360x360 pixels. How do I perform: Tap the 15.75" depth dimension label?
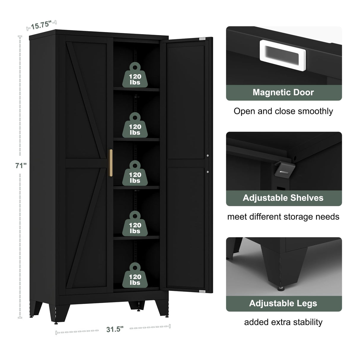click(x=41, y=25)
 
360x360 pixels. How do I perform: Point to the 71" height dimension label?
click(x=21, y=165)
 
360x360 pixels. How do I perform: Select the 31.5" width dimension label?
click(x=114, y=329)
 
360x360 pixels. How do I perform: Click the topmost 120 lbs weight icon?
click(x=135, y=75)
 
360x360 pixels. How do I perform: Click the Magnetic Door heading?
click(x=283, y=93)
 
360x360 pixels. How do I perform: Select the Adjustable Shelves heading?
click(x=283, y=198)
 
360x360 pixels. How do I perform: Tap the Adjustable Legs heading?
click(x=283, y=303)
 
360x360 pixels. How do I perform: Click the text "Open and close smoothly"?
click(x=283, y=111)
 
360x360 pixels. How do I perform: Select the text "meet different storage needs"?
click(x=283, y=217)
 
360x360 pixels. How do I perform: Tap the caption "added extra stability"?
click(x=283, y=322)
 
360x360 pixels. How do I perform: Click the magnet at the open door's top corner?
click(x=202, y=39)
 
